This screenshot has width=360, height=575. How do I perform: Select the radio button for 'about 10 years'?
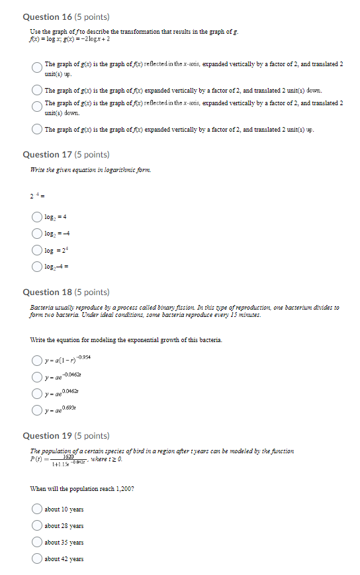pos(37,509)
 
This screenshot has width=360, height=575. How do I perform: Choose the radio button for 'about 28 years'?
pos(37,526)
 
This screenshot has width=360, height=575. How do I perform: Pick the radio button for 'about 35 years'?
pos(37,543)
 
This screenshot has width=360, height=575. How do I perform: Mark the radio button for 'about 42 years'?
pos(37,559)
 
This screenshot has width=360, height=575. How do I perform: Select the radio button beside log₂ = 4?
pos(37,216)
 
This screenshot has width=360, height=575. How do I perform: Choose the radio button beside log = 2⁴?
pos(37,251)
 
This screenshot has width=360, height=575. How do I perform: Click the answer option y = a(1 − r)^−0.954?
pos(66,360)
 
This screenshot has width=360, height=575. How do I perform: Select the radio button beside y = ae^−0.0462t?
pos(37,377)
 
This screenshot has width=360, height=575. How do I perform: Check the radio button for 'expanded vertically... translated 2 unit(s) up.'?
pos(37,130)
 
